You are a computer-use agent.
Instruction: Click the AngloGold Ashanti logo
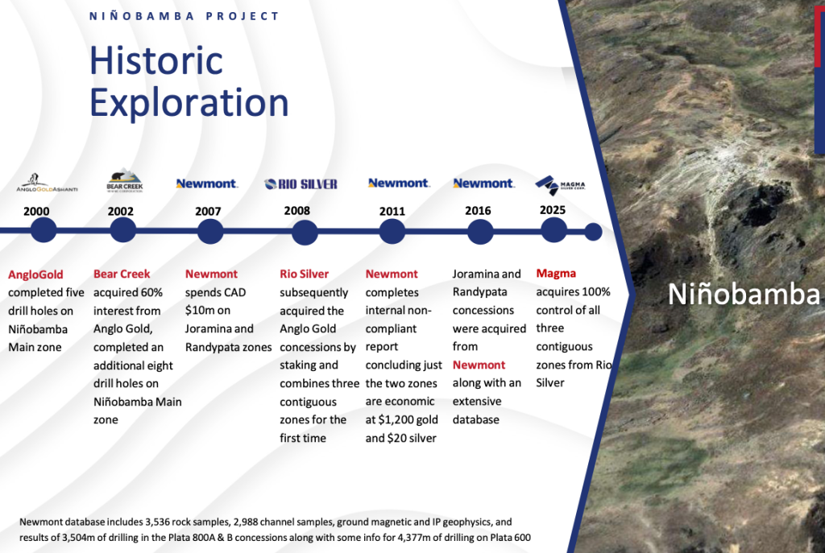coord(47,183)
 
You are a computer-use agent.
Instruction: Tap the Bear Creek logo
coord(125,181)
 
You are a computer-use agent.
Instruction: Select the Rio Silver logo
coord(301,184)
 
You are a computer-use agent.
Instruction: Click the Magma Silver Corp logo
coord(561,185)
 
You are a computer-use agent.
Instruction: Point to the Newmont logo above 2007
coord(207,184)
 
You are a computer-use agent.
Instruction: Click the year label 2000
coord(36,212)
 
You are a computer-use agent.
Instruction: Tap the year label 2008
coord(296,211)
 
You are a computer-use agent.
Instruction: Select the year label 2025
coord(553,210)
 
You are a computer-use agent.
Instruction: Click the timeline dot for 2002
coord(123,230)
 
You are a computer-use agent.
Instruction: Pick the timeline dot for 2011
coord(392,231)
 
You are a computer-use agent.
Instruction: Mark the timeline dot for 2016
coord(480,232)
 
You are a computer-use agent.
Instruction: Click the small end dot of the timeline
coord(593,232)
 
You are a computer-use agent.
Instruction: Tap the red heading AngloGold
coord(35,274)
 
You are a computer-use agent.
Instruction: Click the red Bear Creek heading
coord(122,274)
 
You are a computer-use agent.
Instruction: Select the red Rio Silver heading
coord(304,274)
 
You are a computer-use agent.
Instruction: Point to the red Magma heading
coord(556,274)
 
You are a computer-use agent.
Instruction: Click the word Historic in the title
coord(156,60)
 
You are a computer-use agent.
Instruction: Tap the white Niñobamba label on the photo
coord(744,294)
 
